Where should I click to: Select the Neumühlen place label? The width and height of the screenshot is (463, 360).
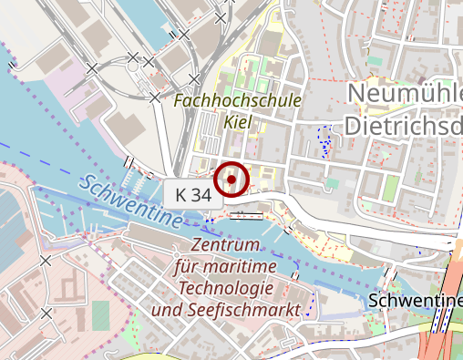pyautogui.click(x=405, y=93)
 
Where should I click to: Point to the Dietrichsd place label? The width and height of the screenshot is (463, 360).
pyautogui.click(x=405, y=125)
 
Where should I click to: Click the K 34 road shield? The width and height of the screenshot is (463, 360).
pyautogui.click(x=193, y=194)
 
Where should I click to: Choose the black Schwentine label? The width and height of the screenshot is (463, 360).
pyautogui.click(x=415, y=300)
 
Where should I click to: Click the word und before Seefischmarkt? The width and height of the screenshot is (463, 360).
pyautogui.click(x=168, y=311)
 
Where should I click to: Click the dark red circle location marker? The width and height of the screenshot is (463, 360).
pyautogui.click(x=231, y=179)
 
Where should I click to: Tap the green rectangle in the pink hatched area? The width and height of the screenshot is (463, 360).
pyautogui.click(x=100, y=315)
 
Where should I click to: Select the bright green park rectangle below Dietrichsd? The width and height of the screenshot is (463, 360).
pyautogui.click(x=390, y=189)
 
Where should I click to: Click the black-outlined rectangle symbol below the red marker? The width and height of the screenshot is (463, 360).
pyautogui.click(x=246, y=215)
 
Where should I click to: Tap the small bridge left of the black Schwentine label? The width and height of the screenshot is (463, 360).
pyautogui.click(x=393, y=274)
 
